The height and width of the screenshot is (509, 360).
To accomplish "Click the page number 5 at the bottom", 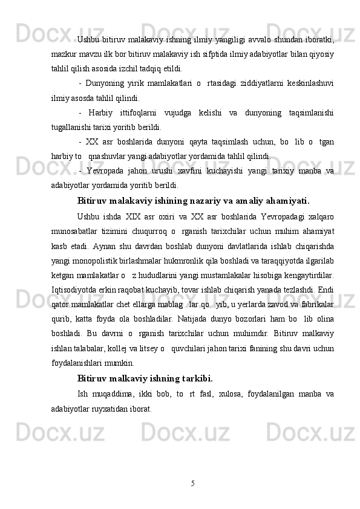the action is (192, 483).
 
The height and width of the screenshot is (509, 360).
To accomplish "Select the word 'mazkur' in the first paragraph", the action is (64, 54).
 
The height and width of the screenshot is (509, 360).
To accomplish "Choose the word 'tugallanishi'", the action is (70, 126).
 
